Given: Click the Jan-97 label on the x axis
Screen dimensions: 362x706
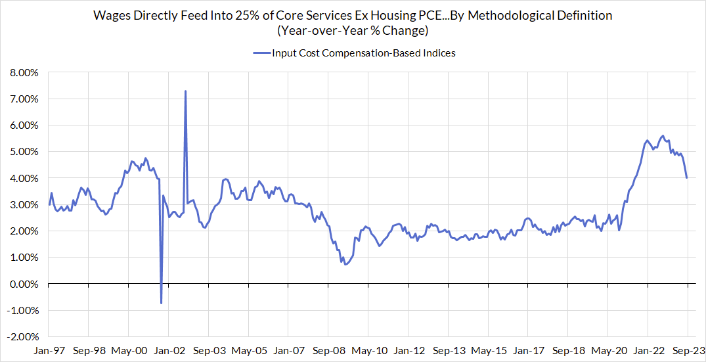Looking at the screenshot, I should click(49, 351).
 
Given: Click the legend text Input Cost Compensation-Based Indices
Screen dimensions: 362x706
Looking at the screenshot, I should click(364, 53).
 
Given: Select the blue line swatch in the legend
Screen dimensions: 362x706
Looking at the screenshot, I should click(261, 53).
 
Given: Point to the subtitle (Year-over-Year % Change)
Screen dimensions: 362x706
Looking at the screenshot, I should click(353, 30).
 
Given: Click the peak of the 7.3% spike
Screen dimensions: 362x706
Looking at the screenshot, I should click(185, 91).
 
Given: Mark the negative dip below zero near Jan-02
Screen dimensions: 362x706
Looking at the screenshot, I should click(161, 303).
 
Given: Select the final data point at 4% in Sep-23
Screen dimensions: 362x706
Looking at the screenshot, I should click(687, 178).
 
